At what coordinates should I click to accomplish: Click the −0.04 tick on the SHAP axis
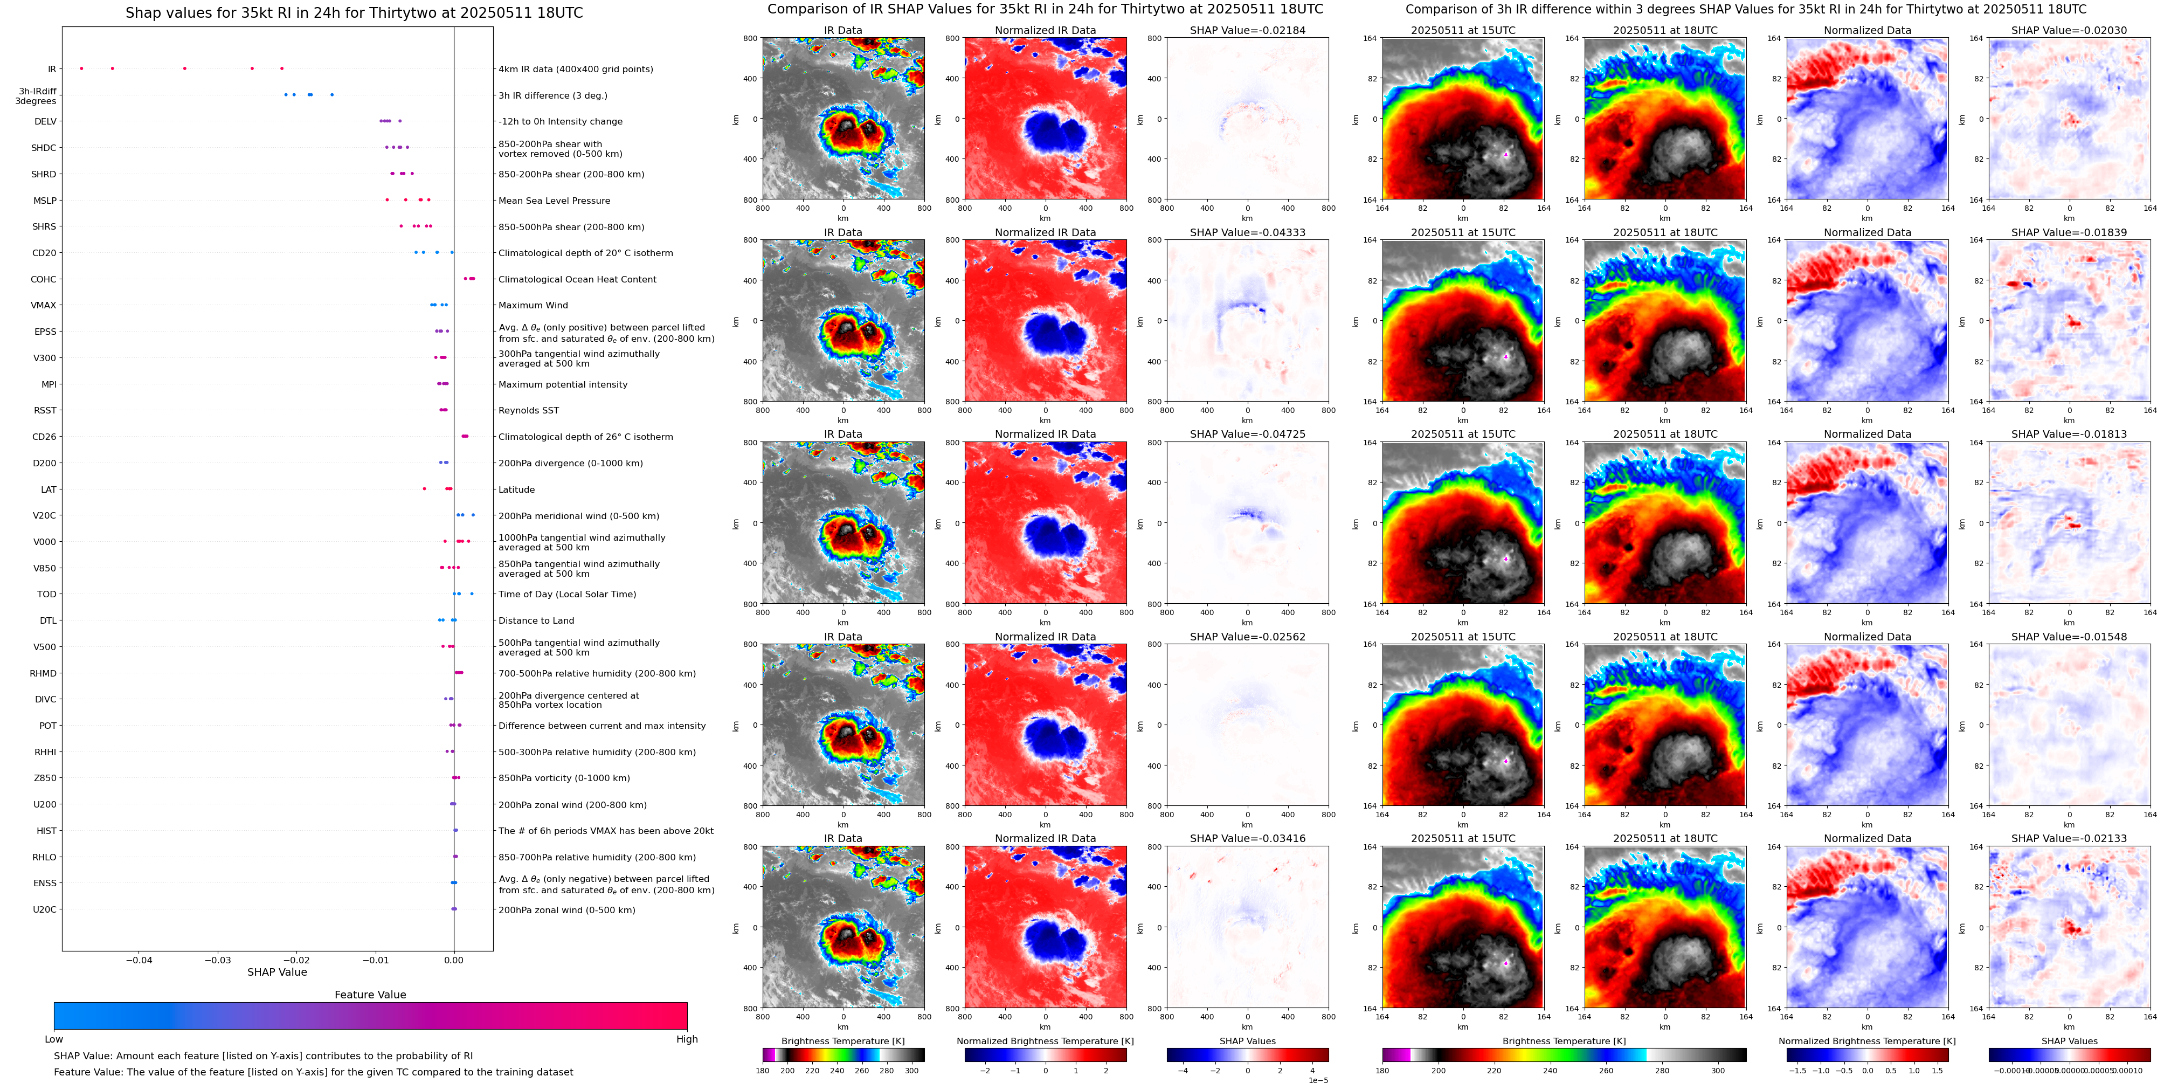click(140, 960)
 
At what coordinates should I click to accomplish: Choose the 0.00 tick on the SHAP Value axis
click(454, 960)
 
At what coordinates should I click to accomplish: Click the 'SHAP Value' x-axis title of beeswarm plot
click(277, 972)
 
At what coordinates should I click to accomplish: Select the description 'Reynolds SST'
click(528, 411)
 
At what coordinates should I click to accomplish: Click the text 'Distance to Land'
click(536, 621)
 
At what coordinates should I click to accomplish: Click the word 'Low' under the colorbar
click(54, 1039)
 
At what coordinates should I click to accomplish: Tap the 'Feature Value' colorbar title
click(370, 995)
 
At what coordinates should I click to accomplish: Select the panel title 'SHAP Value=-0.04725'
click(1248, 434)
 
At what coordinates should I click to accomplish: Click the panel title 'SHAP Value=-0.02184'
click(1248, 30)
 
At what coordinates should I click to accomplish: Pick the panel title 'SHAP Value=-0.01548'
click(2069, 637)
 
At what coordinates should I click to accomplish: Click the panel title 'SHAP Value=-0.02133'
click(2069, 838)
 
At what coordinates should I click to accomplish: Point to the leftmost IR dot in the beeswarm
click(81, 68)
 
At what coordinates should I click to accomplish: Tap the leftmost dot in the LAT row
click(424, 489)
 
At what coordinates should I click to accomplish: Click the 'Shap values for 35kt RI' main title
click(354, 12)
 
